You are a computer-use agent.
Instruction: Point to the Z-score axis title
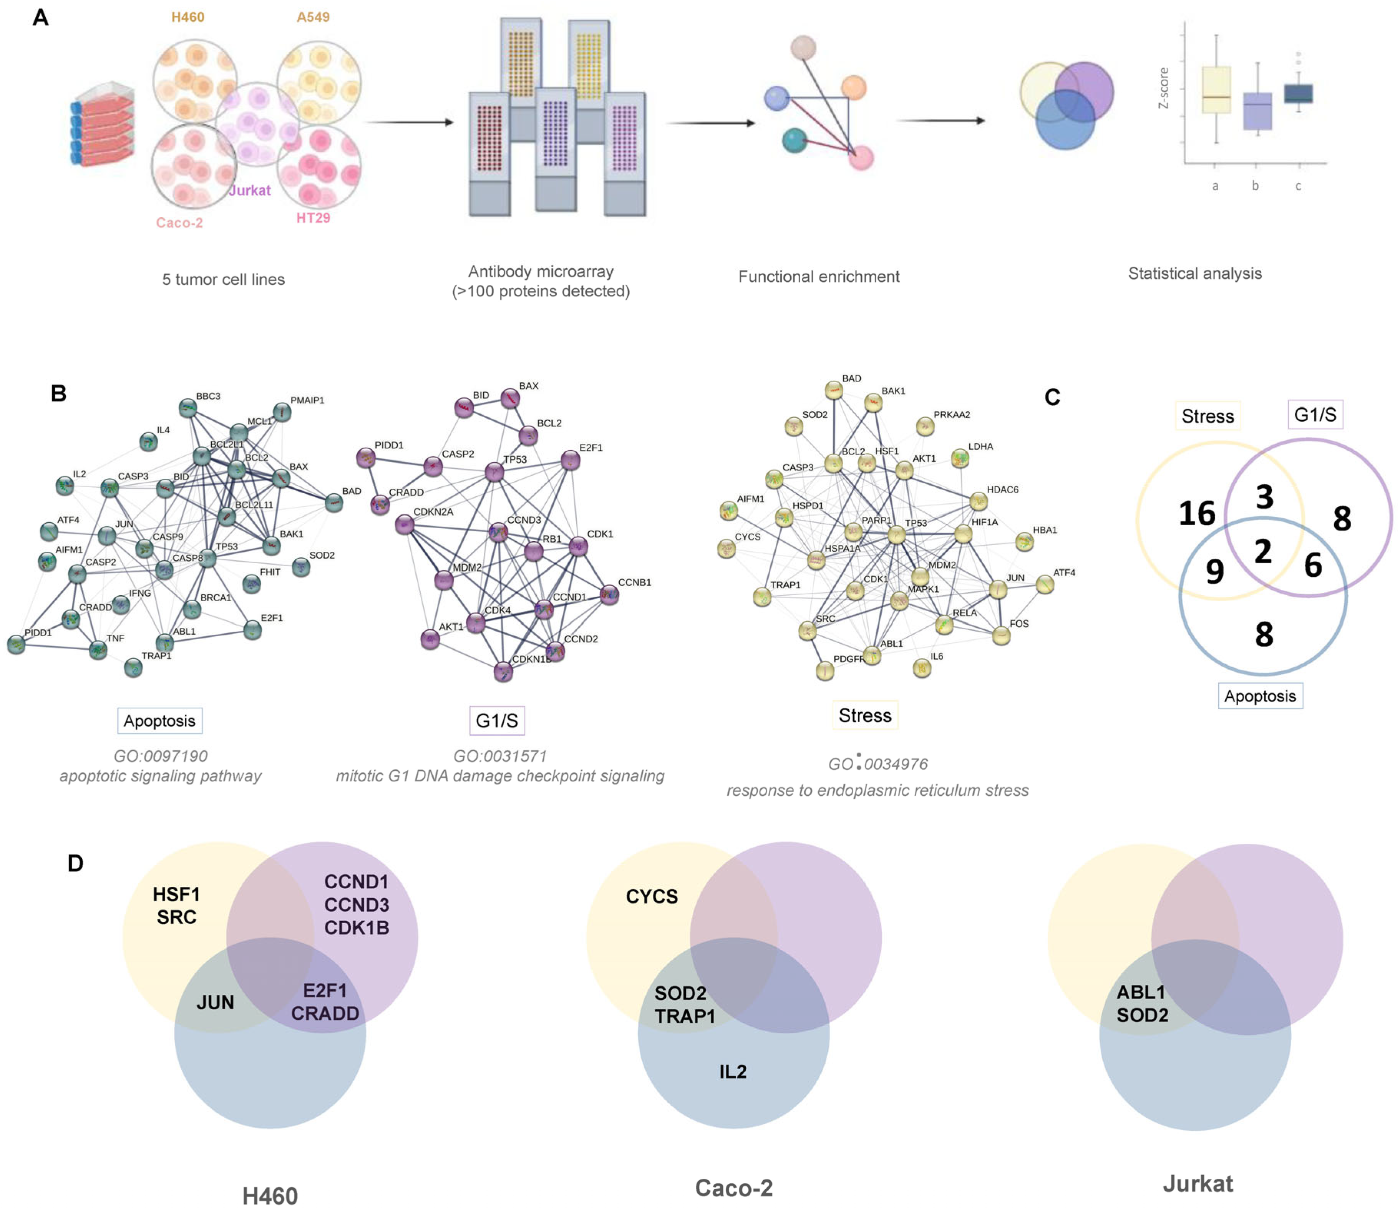[1163, 88]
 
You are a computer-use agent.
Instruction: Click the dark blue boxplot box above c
[1297, 93]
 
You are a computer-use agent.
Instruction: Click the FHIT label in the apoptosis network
[270, 572]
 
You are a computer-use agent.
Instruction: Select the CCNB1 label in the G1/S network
[634, 582]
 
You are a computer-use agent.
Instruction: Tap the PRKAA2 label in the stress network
[951, 414]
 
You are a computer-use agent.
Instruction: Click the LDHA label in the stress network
[980, 446]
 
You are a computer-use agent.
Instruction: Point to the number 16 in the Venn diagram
[1197, 514]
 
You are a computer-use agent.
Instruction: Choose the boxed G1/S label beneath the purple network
[497, 720]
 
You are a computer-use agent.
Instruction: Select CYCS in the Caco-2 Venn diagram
[651, 896]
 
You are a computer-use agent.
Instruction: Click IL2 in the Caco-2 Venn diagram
[732, 1071]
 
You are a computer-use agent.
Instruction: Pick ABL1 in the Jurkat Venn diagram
[1141, 992]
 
